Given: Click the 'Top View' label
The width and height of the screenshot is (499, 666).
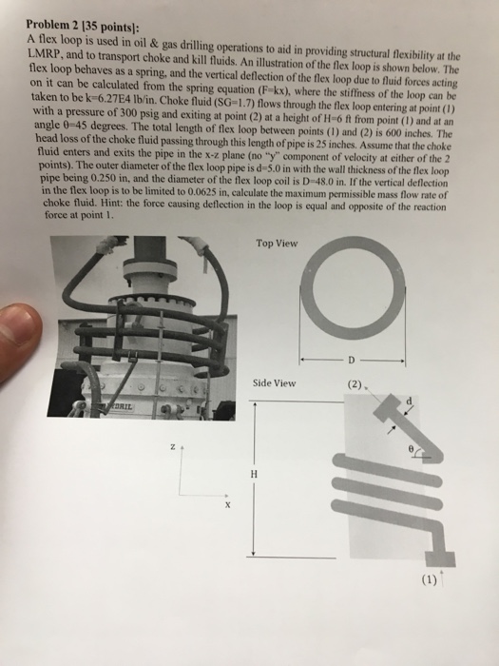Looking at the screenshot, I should [x=277, y=243].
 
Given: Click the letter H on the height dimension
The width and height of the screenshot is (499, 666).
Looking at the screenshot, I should [x=254, y=474].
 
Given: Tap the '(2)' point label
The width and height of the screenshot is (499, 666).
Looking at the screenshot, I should [x=355, y=386].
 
